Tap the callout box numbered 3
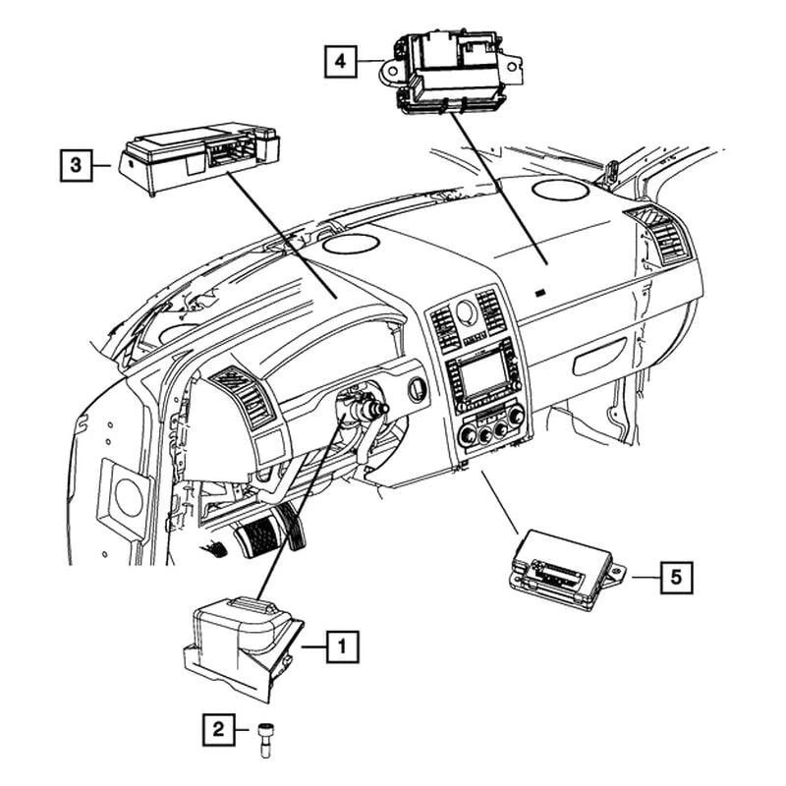[x=75, y=165]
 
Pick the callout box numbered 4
[x=340, y=62]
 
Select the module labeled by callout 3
[x=197, y=156]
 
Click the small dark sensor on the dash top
[x=541, y=292]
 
